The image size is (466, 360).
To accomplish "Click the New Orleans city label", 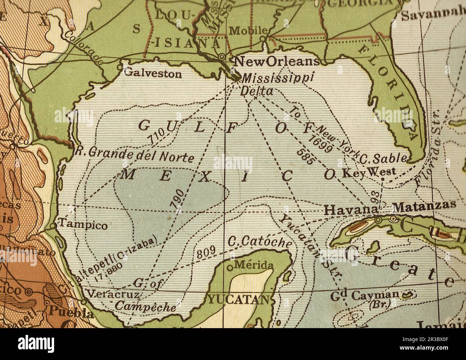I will (276, 61).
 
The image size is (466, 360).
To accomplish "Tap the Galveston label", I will (153, 73).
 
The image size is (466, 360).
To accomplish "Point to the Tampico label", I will (83, 225).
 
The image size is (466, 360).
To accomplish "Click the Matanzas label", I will (424, 205).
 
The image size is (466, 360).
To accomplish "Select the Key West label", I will (369, 173).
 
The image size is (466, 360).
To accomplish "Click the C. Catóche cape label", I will (260, 242).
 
